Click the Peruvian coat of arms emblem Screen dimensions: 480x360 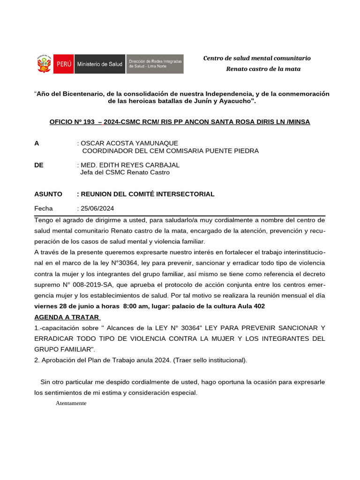[x=44, y=64]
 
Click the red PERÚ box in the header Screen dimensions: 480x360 [x=63, y=64]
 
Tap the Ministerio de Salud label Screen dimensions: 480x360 [x=99, y=64]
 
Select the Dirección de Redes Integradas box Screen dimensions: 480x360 [x=155, y=64]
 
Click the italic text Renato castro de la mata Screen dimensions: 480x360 [x=263, y=69]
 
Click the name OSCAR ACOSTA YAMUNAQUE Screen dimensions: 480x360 [x=129, y=143]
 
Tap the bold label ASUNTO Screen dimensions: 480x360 [x=48, y=194]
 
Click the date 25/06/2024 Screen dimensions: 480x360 [x=97, y=209]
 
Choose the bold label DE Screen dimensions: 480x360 [x=39, y=165]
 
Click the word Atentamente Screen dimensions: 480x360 [x=71, y=403]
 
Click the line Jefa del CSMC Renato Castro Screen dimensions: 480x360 [x=125, y=172]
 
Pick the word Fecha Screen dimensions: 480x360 [x=44, y=209]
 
